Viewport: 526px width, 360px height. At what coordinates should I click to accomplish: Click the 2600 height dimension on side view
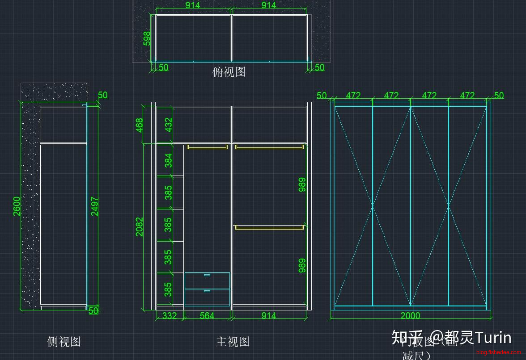[17, 206]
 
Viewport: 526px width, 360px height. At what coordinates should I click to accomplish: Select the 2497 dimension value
[95, 206]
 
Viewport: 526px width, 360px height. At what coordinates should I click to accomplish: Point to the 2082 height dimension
[140, 226]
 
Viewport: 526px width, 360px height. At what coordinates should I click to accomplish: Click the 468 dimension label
[140, 125]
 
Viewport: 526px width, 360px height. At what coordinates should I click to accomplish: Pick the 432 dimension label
[169, 124]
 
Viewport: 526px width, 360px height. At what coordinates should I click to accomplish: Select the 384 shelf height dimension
[169, 160]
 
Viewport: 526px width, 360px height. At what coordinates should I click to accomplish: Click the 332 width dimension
[170, 316]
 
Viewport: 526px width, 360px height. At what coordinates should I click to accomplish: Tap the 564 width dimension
[207, 316]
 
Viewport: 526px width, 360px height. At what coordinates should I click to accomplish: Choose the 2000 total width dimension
[410, 316]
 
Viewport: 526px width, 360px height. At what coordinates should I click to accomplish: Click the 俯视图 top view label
[229, 71]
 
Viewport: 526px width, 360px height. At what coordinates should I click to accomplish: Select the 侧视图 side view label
[64, 342]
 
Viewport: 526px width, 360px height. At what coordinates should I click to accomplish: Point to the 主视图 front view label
[233, 342]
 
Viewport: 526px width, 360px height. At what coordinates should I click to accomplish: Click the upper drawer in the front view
[207, 280]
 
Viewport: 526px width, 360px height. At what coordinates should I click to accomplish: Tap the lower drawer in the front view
[207, 297]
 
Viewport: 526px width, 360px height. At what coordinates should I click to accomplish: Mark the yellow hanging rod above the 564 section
[207, 147]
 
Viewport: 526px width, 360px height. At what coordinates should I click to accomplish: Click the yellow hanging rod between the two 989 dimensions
[269, 227]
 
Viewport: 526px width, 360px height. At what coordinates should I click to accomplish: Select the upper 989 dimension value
[302, 185]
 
